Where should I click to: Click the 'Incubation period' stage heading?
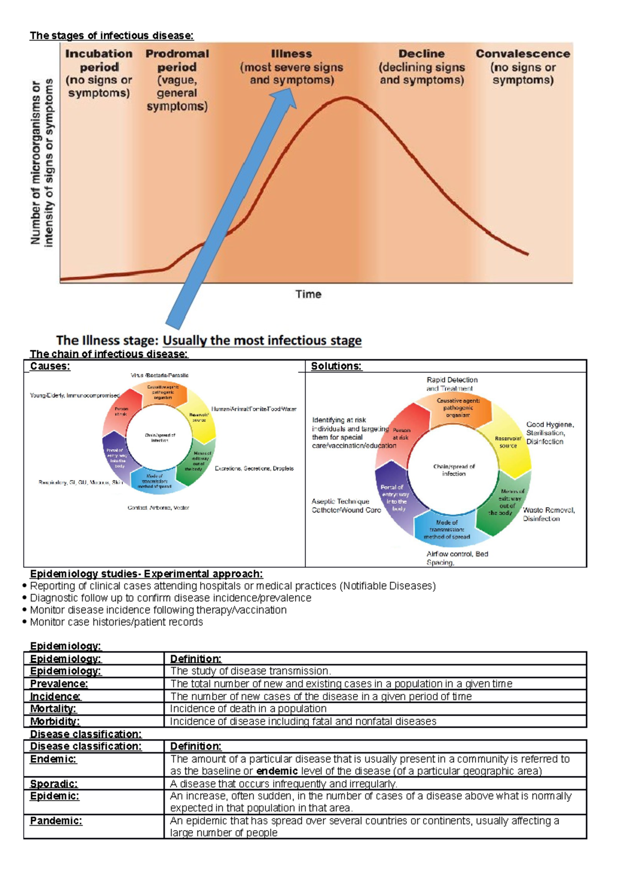click(x=98, y=60)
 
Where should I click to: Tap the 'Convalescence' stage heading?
click(x=522, y=53)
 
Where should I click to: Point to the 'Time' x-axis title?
click(x=308, y=294)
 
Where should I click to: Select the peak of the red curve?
click(x=344, y=98)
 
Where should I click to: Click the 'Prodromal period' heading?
click(x=177, y=60)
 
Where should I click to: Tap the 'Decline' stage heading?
click(x=421, y=53)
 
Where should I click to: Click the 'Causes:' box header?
click(x=50, y=366)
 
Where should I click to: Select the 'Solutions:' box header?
click(x=336, y=366)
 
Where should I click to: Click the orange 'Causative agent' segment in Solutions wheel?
click(x=458, y=408)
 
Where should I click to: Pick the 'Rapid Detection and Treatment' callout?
click(x=451, y=384)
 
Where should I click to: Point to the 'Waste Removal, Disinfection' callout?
click(x=548, y=514)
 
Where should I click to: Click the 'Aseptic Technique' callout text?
click(x=341, y=502)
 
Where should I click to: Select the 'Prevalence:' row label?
click(x=59, y=684)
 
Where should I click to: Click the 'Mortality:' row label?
click(x=53, y=708)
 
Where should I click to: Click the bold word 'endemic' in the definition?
click(x=277, y=771)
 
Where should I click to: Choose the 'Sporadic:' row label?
click(x=54, y=784)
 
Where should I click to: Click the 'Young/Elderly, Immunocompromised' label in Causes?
click(x=75, y=395)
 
